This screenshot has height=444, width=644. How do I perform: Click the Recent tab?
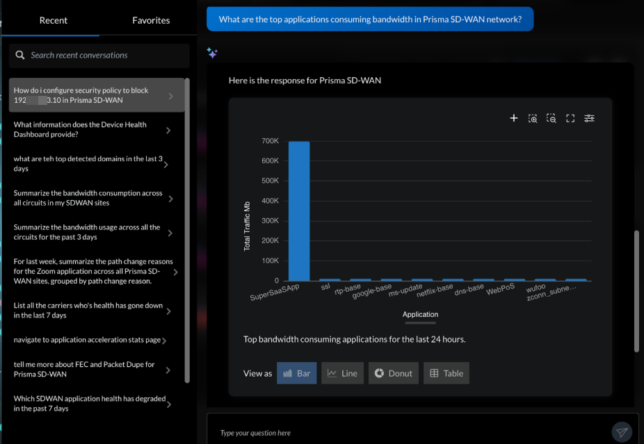(53, 20)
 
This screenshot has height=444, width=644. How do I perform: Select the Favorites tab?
(151, 20)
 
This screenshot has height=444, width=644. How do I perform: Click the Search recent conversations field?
(104, 55)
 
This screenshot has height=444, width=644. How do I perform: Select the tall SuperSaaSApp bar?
(299, 211)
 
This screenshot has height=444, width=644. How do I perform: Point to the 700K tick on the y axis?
(270, 141)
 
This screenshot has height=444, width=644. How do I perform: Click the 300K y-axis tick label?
(270, 220)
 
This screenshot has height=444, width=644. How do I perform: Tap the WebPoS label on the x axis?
(501, 288)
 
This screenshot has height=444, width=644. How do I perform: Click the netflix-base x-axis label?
(435, 290)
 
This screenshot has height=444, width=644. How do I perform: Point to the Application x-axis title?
(420, 314)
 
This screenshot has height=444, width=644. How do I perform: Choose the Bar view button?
(297, 373)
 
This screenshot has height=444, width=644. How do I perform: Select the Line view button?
(342, 373)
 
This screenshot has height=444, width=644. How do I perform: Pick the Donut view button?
(394, 373)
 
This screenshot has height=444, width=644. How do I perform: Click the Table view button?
(446, 373)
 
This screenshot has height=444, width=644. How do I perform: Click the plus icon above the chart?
(514, 118)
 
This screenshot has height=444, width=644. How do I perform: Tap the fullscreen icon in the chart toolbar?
(570, 118)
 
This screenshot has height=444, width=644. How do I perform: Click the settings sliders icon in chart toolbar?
(589, 118)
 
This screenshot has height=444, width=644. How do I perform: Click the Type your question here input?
(410, 433)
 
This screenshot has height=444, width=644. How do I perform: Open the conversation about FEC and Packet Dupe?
(91, 369)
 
